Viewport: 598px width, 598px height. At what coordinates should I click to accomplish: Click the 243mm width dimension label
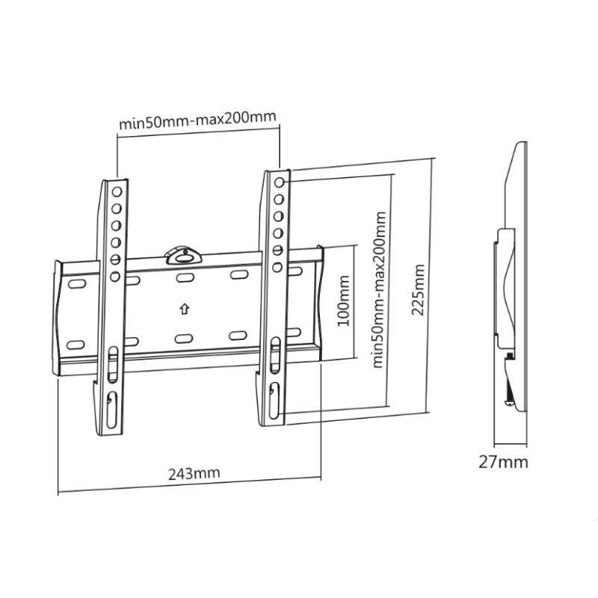click(189, 474)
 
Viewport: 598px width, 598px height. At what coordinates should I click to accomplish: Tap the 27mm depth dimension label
click(503, 461)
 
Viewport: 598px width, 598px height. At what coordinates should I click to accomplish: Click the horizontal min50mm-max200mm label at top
click(198, 119)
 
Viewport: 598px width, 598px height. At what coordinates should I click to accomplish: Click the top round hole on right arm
click(280, 182)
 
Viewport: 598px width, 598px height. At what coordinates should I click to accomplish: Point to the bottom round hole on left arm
click(116, 277)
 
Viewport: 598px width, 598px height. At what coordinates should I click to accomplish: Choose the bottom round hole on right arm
click(277, 266)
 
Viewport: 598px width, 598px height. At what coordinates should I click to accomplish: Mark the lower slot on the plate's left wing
click(76, 345)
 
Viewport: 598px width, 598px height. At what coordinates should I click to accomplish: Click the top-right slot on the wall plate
click(238, 275)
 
